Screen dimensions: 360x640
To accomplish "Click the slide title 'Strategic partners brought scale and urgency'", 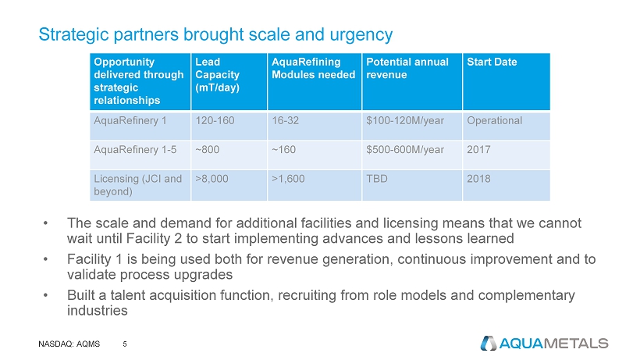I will point(215,34).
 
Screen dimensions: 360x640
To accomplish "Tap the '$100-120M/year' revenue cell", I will point(404,121).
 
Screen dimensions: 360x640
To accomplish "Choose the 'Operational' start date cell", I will point(494,121).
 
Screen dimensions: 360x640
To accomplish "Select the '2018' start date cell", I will point(478,179).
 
